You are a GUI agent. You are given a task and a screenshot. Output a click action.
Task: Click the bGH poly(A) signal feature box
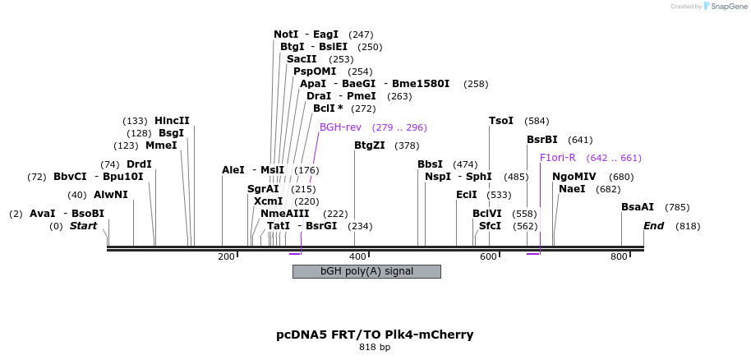pos(366,271)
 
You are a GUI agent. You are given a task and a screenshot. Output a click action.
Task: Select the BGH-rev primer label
pos(340,127)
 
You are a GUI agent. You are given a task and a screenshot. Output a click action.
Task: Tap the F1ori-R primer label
pos(558,158)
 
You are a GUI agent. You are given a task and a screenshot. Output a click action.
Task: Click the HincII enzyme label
pos(172,121)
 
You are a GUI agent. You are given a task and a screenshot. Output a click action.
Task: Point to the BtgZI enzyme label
pos(369,145)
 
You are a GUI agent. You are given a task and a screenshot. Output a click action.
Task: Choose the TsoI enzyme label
pos(501,121)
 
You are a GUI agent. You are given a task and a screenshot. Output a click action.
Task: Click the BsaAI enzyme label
pos(638,207)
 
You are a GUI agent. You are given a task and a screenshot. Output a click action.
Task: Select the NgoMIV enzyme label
pos(574,177)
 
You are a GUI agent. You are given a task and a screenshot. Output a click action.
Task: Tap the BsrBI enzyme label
pos(542,140)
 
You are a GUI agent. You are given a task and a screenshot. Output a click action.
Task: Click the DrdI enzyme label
pos(139,164)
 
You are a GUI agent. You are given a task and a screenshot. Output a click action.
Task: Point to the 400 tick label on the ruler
pos(357,257)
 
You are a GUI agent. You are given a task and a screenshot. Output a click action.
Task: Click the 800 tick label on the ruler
pos(619,257)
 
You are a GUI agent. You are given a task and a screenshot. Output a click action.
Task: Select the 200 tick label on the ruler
pos(226,257)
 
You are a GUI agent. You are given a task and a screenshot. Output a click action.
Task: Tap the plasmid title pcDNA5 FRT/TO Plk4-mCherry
pos(375,335)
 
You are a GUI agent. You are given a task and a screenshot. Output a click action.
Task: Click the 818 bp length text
pos(375,348)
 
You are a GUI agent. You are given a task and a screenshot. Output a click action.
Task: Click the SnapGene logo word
pos(726,7)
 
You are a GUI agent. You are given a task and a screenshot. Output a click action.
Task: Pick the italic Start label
pos(83,226)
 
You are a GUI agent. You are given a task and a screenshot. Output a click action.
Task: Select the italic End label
pos(653,226)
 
